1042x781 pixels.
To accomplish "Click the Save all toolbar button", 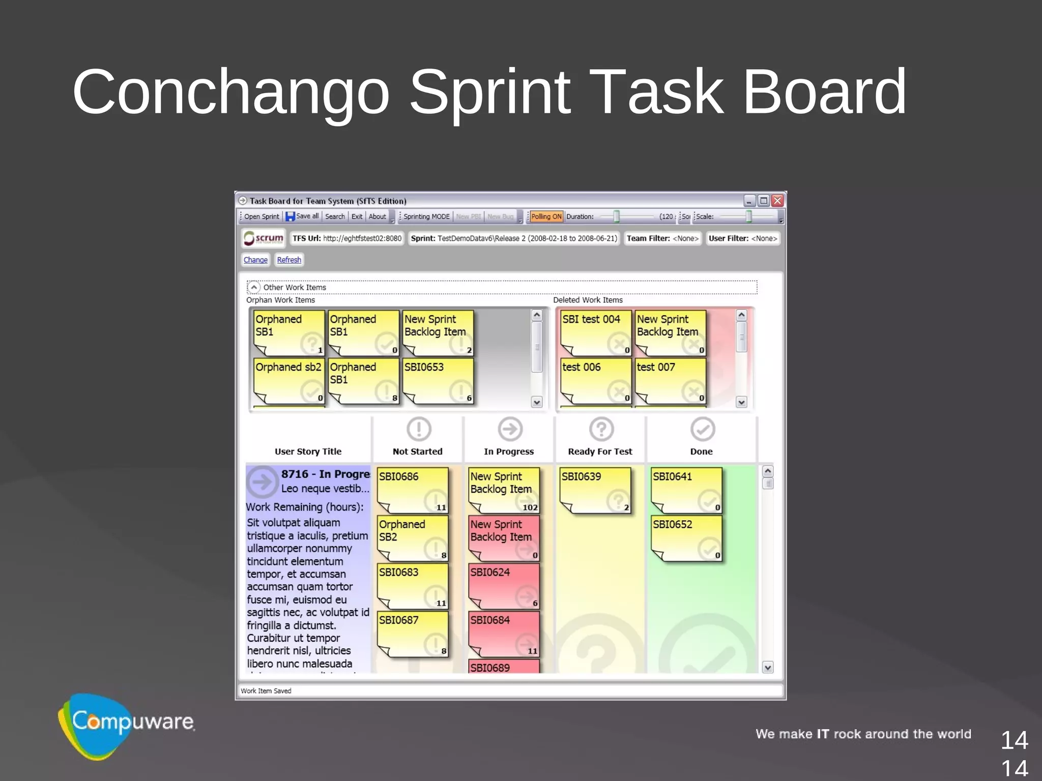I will pos(302,216).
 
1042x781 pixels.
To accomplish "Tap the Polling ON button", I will pos(546,216).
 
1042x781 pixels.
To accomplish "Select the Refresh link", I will pos(289,260).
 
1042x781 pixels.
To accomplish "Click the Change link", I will pos(255,260).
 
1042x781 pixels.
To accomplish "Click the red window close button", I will pos(777,200).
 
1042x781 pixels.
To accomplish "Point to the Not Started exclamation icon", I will pos(419,429).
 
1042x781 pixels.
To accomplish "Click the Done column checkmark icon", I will pos(703,429).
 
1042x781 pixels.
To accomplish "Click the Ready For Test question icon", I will pos(601,429).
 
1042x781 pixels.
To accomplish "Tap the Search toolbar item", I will pos(335,216).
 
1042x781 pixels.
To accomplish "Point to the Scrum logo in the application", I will pos(263,238).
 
